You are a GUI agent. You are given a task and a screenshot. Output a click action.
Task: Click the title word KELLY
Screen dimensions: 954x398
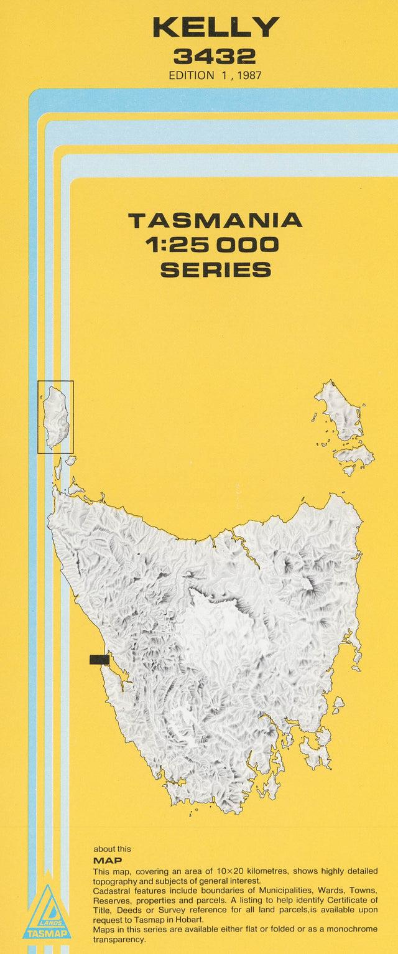click(216, 27)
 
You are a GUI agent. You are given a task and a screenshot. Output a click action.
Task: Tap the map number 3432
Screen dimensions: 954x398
click(215, 57)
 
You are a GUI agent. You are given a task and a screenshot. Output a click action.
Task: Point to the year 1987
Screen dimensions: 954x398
click(248, 75)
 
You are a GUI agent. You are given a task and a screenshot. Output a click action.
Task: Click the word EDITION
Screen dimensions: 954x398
click(190, 75)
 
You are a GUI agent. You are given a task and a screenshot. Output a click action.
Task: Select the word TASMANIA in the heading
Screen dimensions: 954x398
click(215, 220)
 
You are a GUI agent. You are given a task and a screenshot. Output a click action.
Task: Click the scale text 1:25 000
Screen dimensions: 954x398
click(212, 245)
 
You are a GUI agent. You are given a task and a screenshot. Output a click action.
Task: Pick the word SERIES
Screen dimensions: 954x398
click(215, 269)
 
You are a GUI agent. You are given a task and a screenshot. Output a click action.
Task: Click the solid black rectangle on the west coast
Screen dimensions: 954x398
click(99, 660)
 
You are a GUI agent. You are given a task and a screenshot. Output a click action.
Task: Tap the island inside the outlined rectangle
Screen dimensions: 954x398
click(55, 416)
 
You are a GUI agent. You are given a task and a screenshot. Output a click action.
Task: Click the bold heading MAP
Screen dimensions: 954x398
click(107, 861)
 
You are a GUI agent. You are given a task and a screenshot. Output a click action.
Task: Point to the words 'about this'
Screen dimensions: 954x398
click(112, 849)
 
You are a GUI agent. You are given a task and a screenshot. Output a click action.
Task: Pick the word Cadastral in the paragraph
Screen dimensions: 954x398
click(112, 891)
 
